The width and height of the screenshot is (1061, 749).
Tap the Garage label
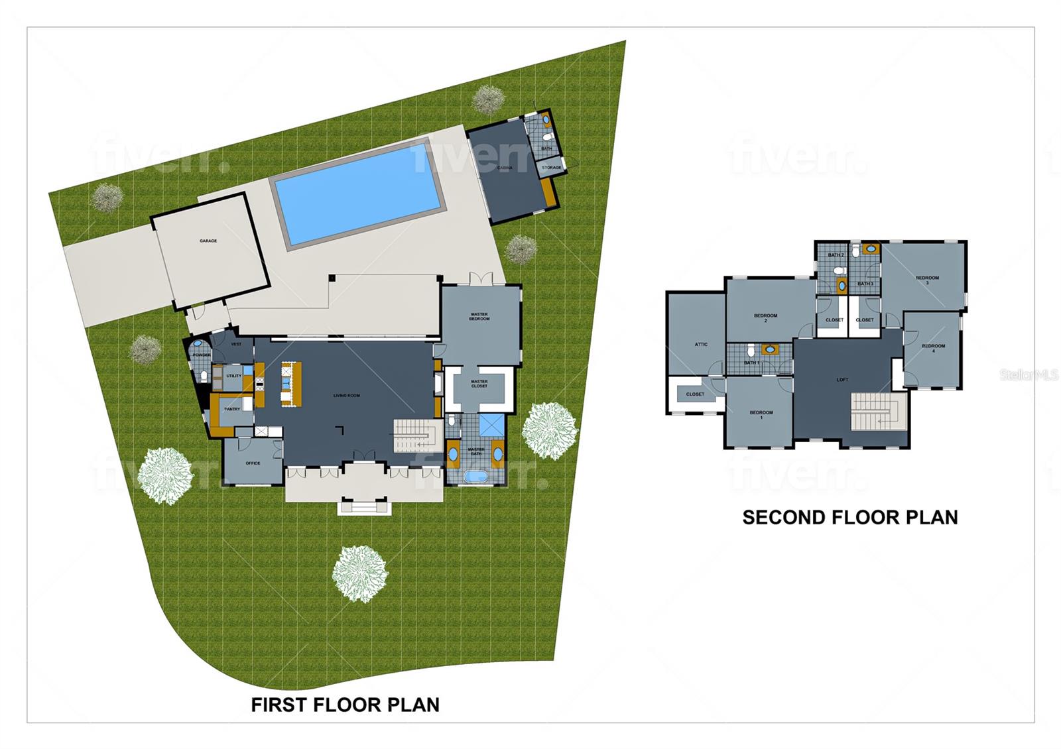pyautogui.click(x=208, y=241)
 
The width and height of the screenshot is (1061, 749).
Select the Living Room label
pyautogui.click(x=346, y=396)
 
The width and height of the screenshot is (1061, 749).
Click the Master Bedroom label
pyautogui.click(x=479, y=317)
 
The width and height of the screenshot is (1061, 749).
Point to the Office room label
pyautogui.click(x=253, y=463)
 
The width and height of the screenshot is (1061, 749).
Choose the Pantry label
pyautogui.click(x=232, y=409)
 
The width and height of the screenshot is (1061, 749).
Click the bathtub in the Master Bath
pyautogui.click(x=475, y=476)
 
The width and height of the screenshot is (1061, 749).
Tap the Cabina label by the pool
pyautogui.click(x=505, y=168)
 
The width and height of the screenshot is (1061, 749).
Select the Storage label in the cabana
pyautogui.click(x=551, y=168)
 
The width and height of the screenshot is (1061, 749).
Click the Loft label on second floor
pyautogui.click(x=842, y=380)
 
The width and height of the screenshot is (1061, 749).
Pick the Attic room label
pyautogui.click(x=701, y=344)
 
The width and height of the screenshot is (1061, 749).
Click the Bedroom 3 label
pyautogui.click(x=927, y=280)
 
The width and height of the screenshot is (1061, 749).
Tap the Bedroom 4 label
pyautogui.click(x=933, y=348)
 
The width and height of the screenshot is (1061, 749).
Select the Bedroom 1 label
pyautogui.click(x=761, y=415)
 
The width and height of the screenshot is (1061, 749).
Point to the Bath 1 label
pyautogui.click(x=751, y=363)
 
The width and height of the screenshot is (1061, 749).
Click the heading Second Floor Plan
pyautogui.click(x=849, y=517)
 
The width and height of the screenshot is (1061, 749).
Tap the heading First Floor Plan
pyautogui.click(x=345, y=705)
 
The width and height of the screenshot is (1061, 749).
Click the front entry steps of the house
pyautogui.click(x=363, y=507)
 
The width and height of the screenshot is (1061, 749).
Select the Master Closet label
pyautogui.click(x=479, y=384)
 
